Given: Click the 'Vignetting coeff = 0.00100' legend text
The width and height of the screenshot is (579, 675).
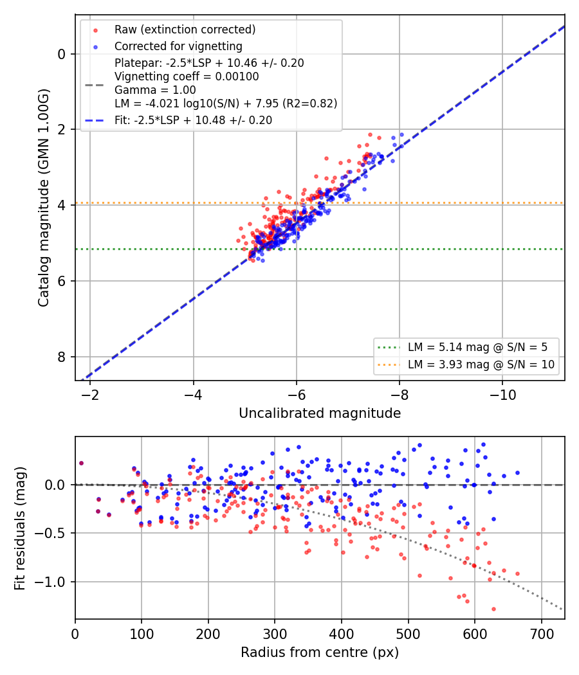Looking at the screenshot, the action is (x=187, y=76).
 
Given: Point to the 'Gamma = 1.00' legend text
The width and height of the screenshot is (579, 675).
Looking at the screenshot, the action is (x=155, y=90).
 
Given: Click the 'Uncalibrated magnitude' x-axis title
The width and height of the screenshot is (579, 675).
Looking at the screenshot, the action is (x=320, y=413).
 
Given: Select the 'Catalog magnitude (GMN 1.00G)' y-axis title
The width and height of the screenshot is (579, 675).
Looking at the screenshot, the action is (x=44, y=197).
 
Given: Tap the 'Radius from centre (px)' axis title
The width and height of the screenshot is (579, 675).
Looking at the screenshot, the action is (x=320, y=652).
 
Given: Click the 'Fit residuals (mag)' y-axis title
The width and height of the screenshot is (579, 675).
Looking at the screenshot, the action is (x=20, y=528).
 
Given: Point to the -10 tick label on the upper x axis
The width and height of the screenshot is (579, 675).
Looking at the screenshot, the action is (x=502, y=395).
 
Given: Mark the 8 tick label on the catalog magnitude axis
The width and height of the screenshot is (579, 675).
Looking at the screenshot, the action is (x=62, y=357).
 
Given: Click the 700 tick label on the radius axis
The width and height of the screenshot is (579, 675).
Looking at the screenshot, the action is (x=542, y=634).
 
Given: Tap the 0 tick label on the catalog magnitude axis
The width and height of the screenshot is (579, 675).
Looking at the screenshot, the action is (x=62, y=54).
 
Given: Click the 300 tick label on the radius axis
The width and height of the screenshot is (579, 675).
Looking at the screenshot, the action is (x=275, y=634).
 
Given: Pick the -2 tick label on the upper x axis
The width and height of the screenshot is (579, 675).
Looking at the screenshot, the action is (x=90, y=395).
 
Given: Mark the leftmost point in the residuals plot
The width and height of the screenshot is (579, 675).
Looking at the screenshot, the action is (x=82, y=464).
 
